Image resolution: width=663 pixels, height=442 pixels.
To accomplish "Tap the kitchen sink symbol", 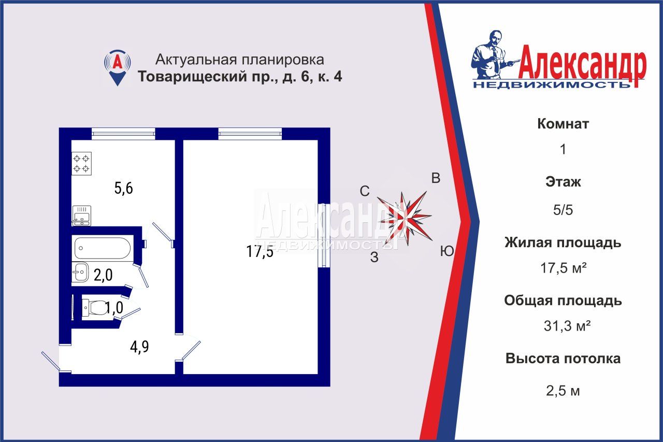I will coord(81,216).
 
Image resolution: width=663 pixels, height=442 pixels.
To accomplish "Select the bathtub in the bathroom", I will coord(102,248).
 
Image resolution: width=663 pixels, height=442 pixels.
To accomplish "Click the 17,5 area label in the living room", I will coord(260,252).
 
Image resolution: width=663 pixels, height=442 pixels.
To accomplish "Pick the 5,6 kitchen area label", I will coord(124,188).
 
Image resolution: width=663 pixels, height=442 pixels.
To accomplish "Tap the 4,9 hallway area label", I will coord(140,346).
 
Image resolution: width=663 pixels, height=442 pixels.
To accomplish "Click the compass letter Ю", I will coord(447,252).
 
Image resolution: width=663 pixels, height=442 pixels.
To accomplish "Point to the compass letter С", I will coord(365,191).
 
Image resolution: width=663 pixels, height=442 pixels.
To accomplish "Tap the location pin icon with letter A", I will coord(118,66).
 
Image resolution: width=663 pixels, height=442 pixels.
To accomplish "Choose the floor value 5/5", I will coord(563,210).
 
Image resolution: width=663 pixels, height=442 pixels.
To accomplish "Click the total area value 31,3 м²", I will coord(563,326).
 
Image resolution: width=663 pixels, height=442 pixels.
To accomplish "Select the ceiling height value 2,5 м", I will coord(563,391).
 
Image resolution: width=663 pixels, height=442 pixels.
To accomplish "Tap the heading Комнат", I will coord(563,124).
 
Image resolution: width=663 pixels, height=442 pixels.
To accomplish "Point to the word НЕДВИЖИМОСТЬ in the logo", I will coord(551,84).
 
